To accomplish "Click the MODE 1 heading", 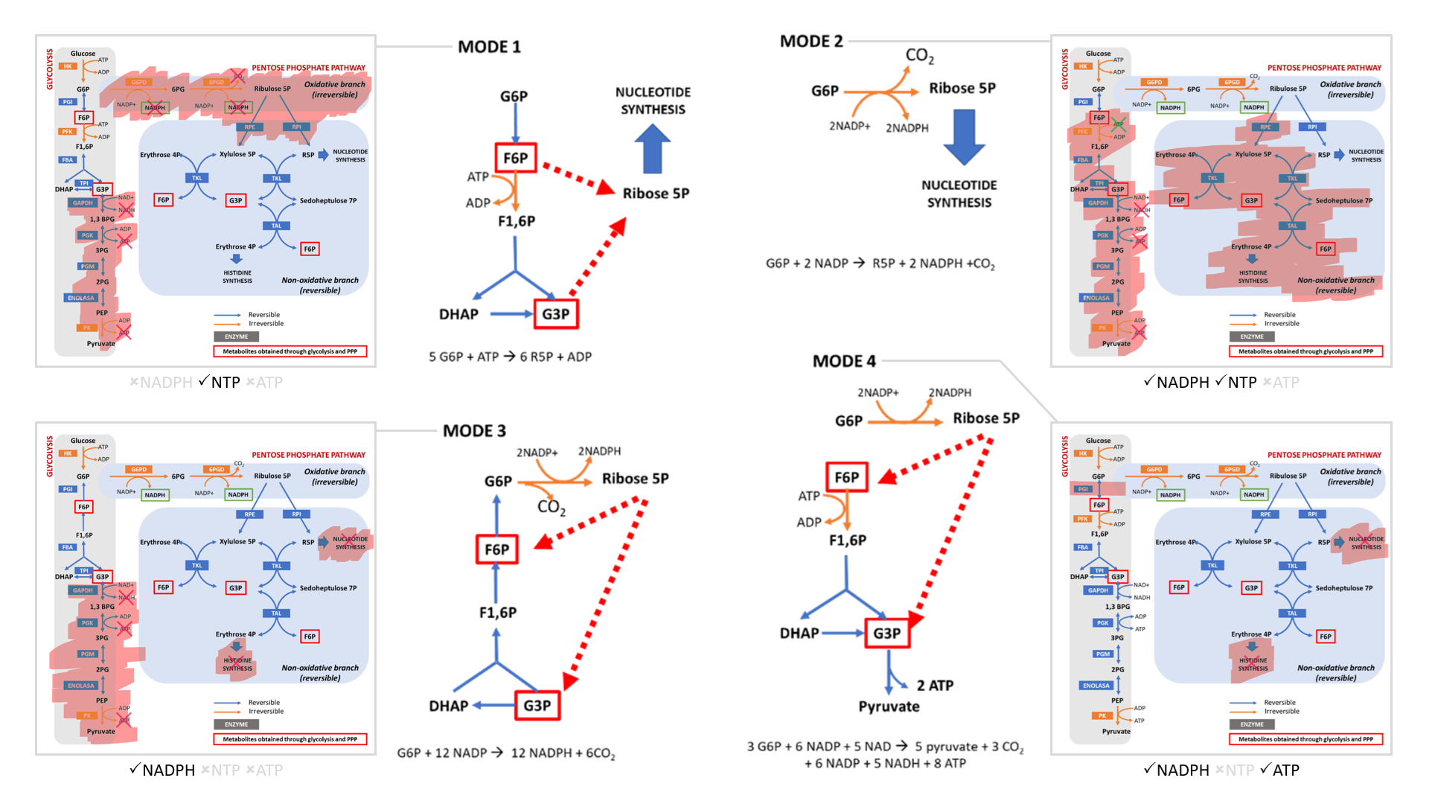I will coord(489,47).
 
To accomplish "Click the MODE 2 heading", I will coord(811,42).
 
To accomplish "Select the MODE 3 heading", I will coord(474,431).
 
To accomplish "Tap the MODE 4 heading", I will coord(844,362).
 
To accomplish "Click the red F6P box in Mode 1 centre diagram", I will coord(515,158).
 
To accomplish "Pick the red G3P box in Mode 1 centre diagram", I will coord(555,314).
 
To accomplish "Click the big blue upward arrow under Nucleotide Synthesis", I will coord(652,149).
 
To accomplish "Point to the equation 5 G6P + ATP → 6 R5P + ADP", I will coord(510,357).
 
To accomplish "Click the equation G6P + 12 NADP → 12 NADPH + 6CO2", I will coord(506,753).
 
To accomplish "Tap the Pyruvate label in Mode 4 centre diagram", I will coord(889,706).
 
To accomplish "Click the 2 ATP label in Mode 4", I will coord(935,686).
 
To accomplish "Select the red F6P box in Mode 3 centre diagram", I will coord(496,550).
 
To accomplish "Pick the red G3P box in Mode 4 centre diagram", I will coord(886,634).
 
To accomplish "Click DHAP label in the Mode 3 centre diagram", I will coord(448,706).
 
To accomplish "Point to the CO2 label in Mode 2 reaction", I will coord(919,56).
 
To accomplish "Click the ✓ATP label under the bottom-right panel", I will coord(1279,770).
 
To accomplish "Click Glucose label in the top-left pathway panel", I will coord(83,54).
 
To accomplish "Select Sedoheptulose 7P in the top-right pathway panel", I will coord(1343,201).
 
